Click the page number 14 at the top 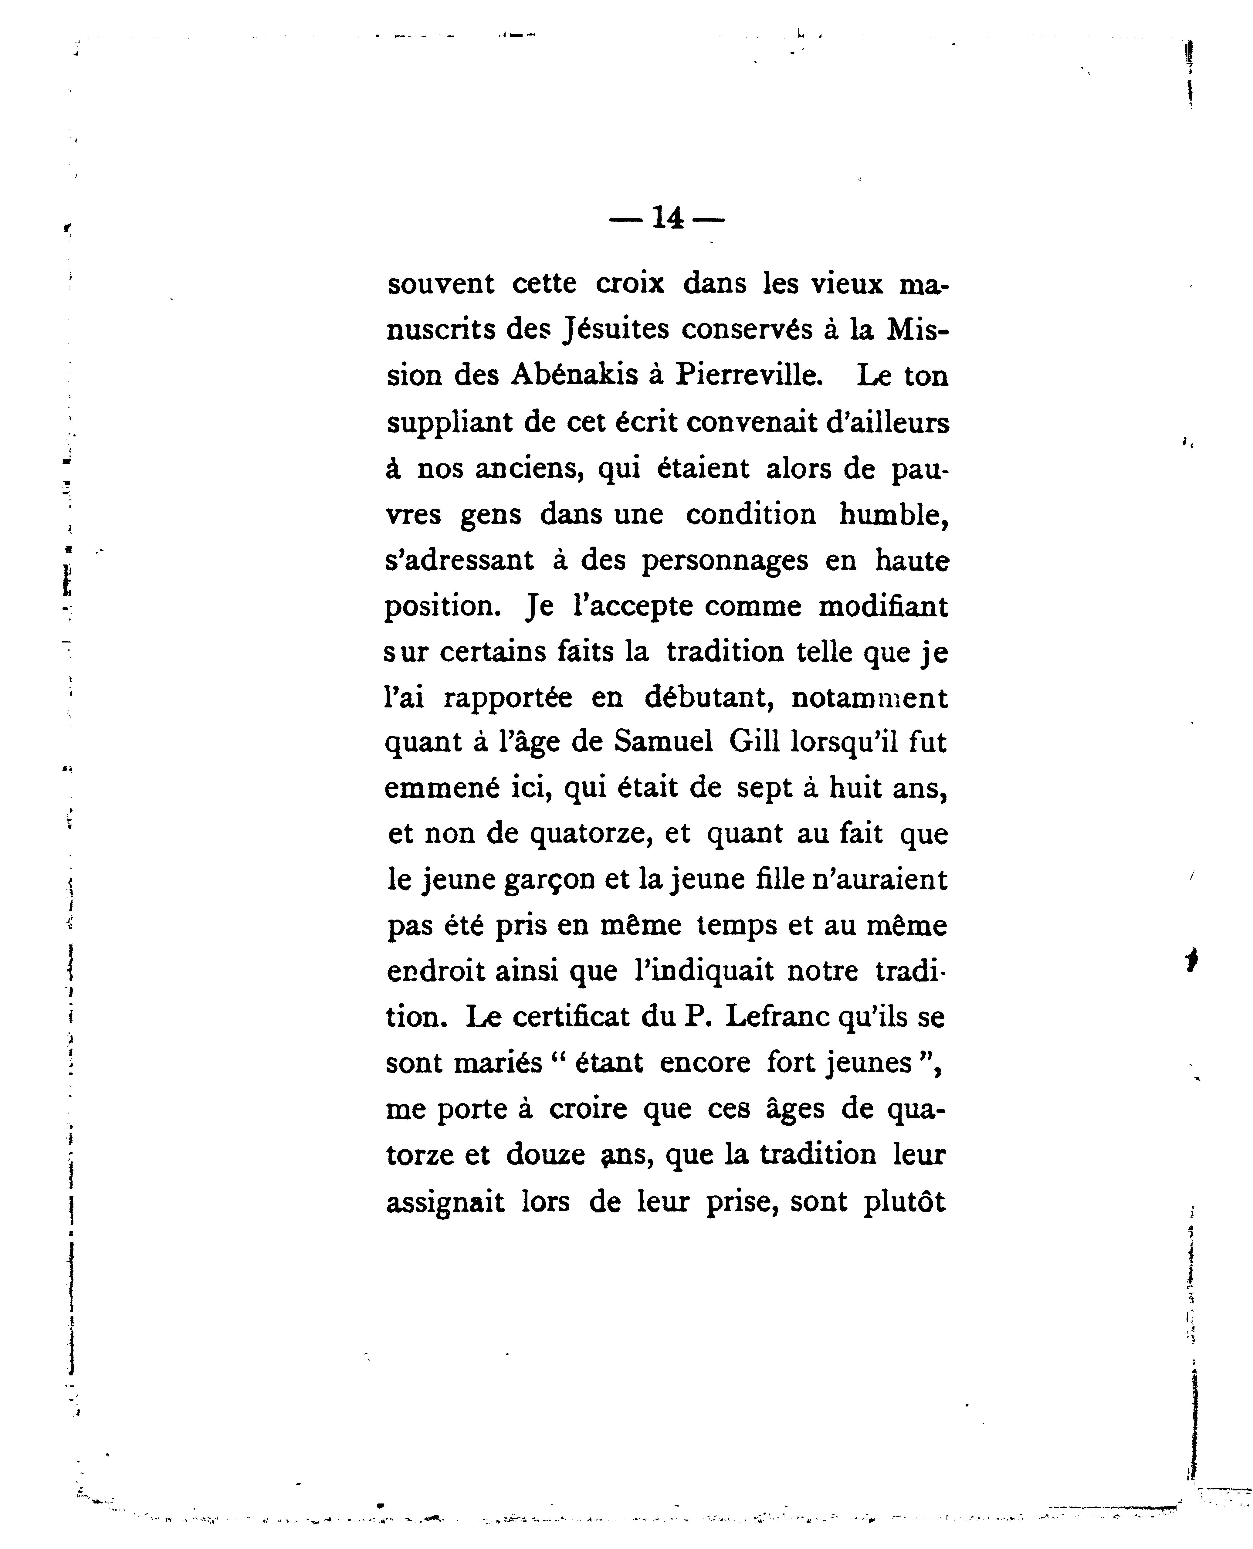tap(667, 218)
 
